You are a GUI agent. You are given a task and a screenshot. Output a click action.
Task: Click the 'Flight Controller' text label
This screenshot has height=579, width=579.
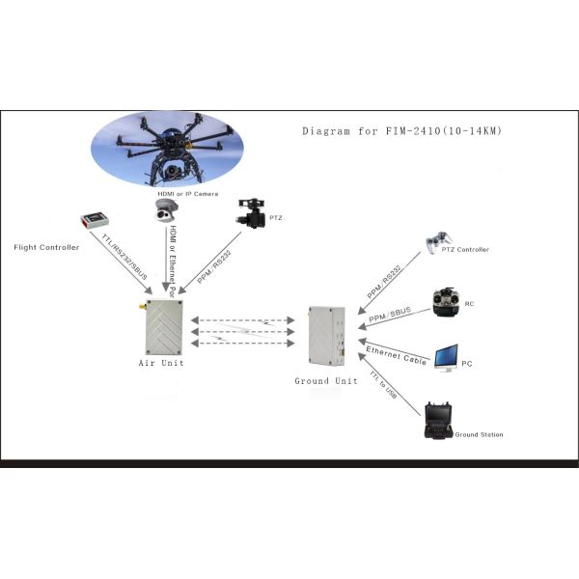(45, 247)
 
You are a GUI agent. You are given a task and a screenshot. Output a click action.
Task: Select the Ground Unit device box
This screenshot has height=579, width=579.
(326, 338)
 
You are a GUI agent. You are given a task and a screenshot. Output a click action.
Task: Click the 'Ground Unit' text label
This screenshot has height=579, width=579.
(325, 380)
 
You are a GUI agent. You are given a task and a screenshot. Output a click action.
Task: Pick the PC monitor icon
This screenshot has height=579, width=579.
(446, 359)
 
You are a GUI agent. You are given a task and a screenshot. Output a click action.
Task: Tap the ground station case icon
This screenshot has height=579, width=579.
(439, 422)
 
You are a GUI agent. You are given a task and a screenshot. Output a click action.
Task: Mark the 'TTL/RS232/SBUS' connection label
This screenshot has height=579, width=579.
(120, 257)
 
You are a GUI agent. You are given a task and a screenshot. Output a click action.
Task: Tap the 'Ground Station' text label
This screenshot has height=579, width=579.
(479, 435)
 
